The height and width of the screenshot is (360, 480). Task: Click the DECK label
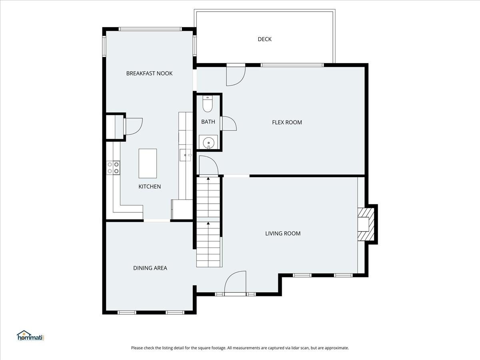(x=265, y=39)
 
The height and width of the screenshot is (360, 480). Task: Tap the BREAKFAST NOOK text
(x=149, y=73)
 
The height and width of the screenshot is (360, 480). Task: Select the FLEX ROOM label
(x=287, y=122)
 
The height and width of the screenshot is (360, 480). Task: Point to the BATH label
(x=208, y=122)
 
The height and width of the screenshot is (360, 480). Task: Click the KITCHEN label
(x=150, y=186)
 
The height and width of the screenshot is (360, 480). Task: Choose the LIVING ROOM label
(x=283, y=234)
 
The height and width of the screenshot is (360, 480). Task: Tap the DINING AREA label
(x=150, y=268)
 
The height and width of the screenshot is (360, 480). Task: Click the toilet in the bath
(x=208, y=104)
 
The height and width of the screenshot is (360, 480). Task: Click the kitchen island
(x=148, y=164)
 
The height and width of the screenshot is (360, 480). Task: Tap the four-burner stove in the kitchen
(x=113, y=168)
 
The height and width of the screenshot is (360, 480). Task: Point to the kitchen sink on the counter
(x=185, y=155)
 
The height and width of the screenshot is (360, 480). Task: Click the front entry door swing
(x=235, y=283)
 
